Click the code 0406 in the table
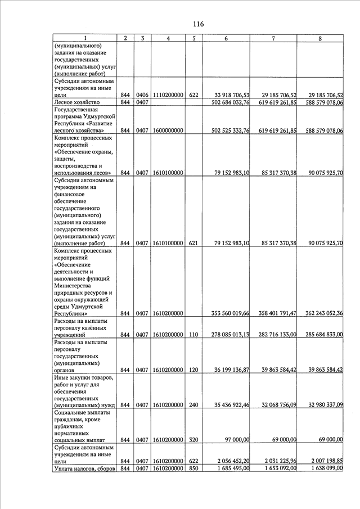[x=142, y=96]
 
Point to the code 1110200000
[x=168, y=96]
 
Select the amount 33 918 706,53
[x=226, y=96]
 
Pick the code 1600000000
[x=168, y=130]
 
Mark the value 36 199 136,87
[x=226, y=370]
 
